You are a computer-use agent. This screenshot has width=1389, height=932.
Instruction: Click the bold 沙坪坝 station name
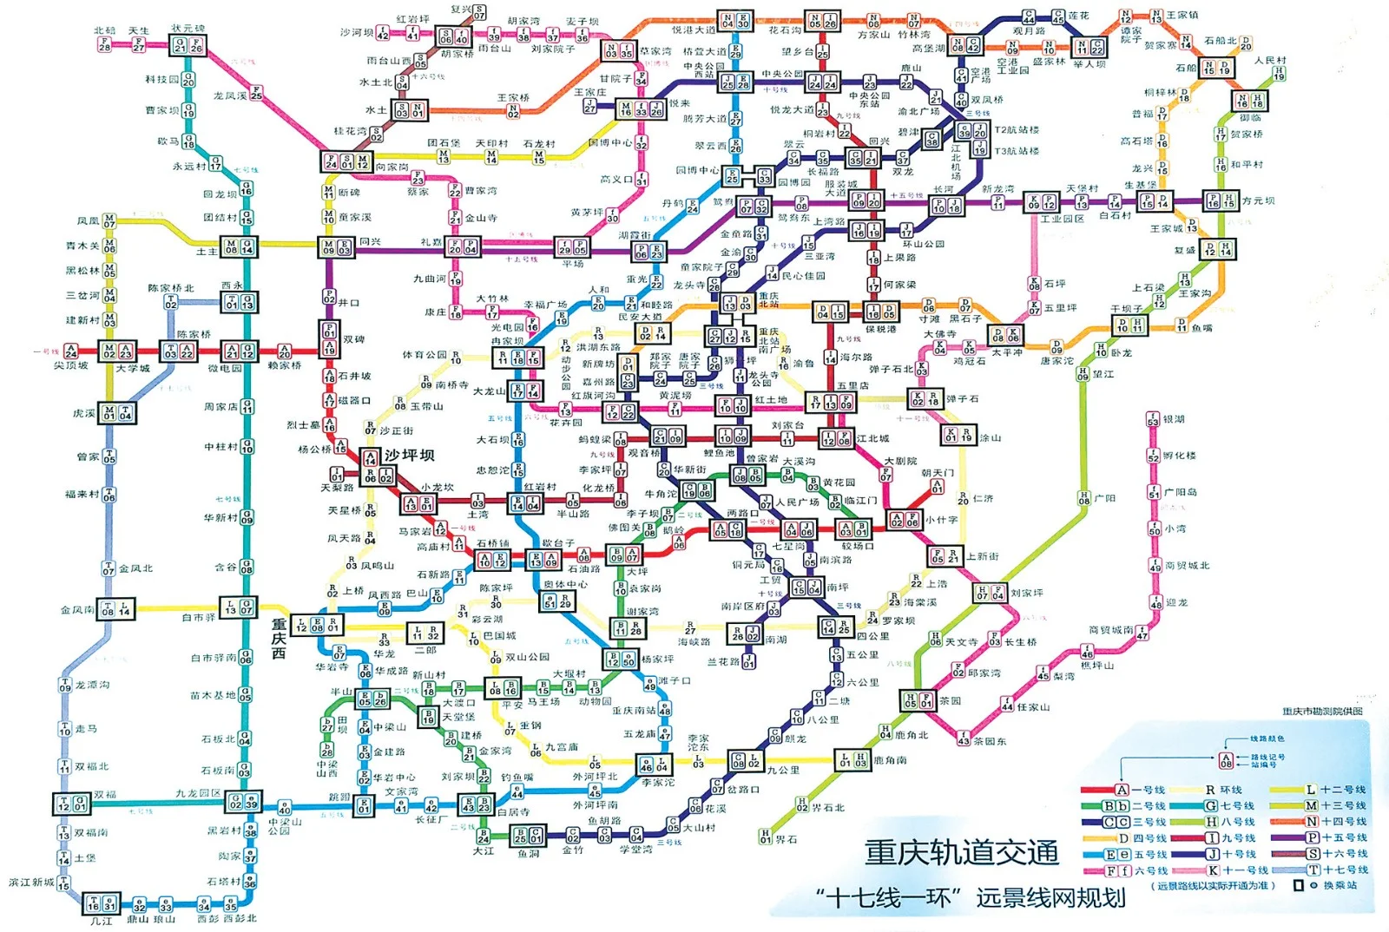[409, 455]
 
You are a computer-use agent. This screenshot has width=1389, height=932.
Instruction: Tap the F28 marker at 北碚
[105, 44]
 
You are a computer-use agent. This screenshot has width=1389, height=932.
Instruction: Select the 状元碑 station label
[188, 29]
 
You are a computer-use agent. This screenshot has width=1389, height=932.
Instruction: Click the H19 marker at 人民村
[1279, 75]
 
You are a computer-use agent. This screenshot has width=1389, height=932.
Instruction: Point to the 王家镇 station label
[1182, 15]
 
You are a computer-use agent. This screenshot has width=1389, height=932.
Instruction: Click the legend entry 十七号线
[1343, 870]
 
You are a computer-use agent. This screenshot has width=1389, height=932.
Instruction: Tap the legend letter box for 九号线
[1212, 838]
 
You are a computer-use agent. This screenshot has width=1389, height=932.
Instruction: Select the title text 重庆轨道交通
[961, 852]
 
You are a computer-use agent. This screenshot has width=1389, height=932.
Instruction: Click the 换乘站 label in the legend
[1340, 886]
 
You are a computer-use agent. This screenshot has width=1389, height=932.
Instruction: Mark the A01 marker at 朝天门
[937, 487]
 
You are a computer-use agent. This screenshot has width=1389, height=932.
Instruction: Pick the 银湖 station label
[1174, 419]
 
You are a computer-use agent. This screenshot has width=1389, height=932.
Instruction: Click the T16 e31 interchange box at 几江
[101, 905]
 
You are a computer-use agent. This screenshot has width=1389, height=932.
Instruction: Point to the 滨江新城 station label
[31, 883]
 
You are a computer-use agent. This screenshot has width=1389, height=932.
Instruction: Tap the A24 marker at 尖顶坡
[71, 351]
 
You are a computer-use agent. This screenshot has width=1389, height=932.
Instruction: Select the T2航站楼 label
[1017, 130]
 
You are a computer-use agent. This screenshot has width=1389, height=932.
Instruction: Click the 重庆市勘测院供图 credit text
[1322, 712]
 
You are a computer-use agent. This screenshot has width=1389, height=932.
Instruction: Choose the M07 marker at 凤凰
[109, 222]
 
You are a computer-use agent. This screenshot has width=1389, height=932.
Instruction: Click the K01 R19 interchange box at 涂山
[959, 435]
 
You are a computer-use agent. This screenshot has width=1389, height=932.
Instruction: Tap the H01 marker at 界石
[765, 837]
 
